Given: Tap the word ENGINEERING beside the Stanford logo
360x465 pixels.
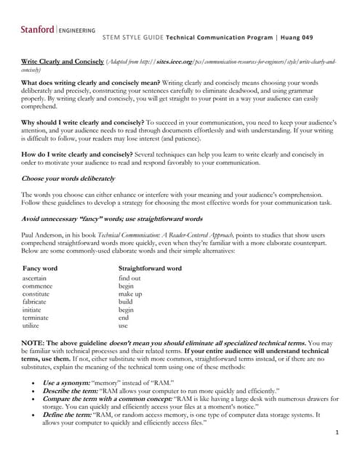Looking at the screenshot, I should pyautogui.click(x=77, y=31).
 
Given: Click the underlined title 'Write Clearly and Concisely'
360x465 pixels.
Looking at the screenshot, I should pyautogui.click(x=63, y=62).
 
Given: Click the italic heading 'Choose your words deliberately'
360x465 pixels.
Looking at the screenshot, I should pyautogui.click(x=68, y=178).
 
